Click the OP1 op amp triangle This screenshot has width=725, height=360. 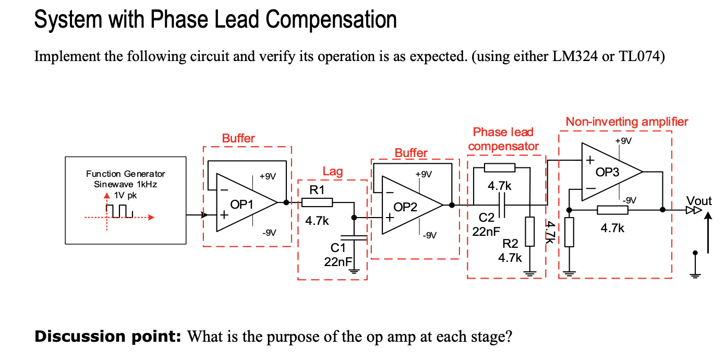tap(245, 202)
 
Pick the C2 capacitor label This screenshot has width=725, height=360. tap(486, 218)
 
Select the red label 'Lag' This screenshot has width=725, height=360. tap(333, 172)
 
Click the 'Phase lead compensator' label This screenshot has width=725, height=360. tap(503, 139)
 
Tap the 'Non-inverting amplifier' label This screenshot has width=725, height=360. tap(627, 122)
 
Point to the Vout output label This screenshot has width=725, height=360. tap(699, 201)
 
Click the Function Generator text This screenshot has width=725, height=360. tap(126, 174)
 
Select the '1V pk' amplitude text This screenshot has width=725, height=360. tap(125, 195)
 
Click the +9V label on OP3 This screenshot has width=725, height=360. tap(623, 141)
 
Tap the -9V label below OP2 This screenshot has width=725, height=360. tap(429, 235)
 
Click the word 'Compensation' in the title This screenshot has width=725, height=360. tap(331, 20)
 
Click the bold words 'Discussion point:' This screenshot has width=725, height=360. tap(107, 337)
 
